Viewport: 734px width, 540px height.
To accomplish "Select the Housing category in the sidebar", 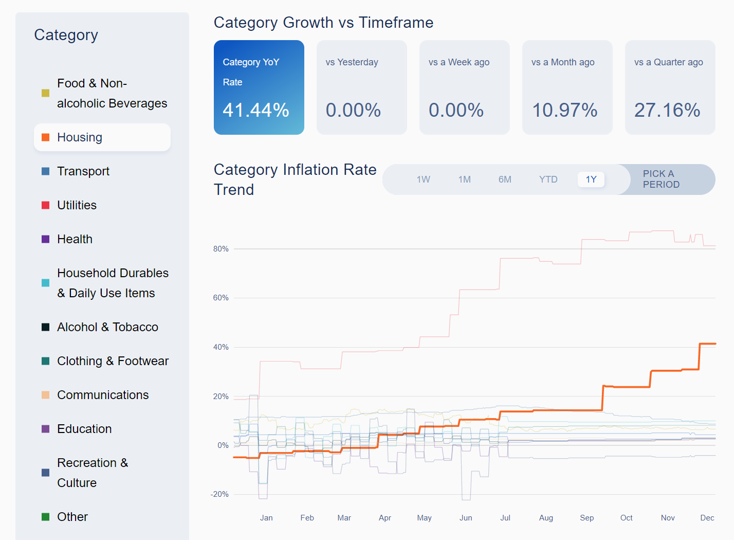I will coord(80,137).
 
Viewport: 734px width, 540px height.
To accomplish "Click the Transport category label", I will coord(83,171).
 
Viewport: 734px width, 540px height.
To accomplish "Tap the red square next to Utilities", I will coord(45,205).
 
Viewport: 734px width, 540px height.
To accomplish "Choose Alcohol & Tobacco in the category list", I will coord(107,327).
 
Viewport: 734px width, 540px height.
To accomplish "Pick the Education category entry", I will coord(84,429).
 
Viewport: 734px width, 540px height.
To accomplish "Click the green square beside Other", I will coord(45,517).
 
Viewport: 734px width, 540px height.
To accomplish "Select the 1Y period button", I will coord(591,179).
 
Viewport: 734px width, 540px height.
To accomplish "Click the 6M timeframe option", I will coord(505,179).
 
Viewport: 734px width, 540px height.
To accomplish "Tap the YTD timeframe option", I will coord(548,179).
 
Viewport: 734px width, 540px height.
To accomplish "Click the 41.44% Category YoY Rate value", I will coord(256,110).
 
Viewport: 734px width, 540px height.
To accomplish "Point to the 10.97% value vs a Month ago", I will coord(564,110).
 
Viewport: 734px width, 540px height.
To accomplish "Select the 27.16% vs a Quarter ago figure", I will coord(667,110).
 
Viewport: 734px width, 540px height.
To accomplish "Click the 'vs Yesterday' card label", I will coord(352,62).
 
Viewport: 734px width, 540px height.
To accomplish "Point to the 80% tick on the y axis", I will coord(221,249).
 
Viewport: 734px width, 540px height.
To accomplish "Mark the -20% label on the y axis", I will coord(219,494).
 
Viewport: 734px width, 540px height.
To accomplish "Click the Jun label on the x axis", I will coord(466,518).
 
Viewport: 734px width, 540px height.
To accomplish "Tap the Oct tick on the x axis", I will coord(626,518).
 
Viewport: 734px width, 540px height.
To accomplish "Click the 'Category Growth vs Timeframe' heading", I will coord(323,23).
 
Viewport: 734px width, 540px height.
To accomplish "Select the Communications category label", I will coord(103,395).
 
